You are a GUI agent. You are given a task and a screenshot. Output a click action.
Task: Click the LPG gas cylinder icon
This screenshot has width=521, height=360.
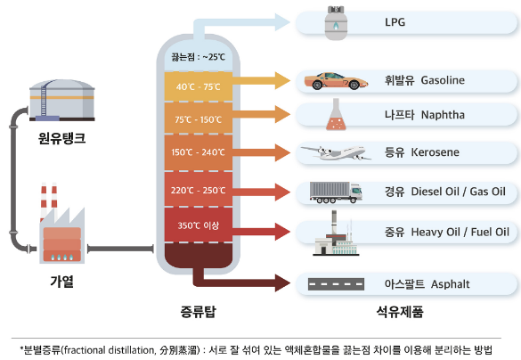(336, 23)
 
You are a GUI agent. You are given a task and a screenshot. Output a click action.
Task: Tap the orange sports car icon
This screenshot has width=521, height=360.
(336, 81)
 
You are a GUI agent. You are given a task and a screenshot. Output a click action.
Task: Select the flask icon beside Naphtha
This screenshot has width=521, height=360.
(336, 114)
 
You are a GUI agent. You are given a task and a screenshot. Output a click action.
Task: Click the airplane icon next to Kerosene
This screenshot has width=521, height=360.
(336, 153)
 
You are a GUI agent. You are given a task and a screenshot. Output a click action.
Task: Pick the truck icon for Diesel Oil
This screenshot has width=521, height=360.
(336, 192)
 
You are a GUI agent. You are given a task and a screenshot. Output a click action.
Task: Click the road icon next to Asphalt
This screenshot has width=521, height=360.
(336, 284)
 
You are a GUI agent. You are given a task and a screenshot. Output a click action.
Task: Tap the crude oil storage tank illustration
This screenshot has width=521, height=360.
(62, 100)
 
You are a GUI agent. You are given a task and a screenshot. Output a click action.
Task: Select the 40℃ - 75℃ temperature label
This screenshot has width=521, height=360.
(198, 86)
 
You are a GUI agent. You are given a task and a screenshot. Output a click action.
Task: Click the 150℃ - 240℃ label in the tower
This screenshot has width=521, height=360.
(198, 152)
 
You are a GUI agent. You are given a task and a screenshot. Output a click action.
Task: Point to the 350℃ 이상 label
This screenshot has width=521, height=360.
(199, 225)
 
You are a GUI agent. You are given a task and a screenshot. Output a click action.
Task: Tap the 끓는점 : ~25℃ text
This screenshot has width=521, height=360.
(199, 57)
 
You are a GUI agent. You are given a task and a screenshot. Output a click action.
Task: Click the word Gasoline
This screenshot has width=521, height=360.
(443, 80)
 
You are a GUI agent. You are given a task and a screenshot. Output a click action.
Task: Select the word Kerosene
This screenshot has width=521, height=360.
(435, 152)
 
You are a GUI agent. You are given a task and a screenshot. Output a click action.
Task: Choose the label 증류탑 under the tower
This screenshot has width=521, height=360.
(199, 312)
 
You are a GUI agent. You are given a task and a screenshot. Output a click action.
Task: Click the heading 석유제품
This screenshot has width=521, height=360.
(400, 312)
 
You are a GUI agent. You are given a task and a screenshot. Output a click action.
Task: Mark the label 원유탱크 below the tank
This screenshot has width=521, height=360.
(61, 137)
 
